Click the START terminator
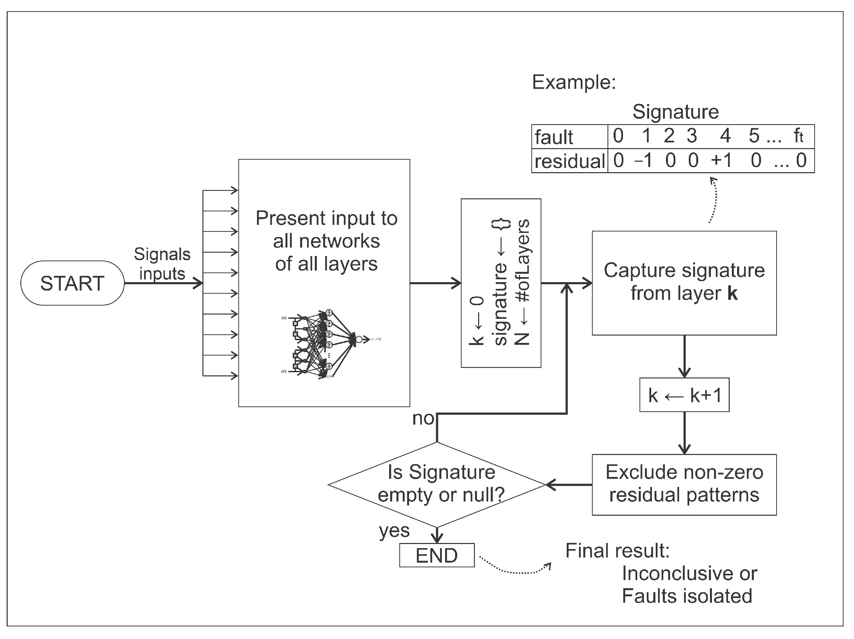[x=72, y=283]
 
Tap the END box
[x=437, y=556]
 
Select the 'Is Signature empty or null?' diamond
[x=437, y=484]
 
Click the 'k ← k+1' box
[x=684, y=395]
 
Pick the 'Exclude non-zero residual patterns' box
[x=684, y=484]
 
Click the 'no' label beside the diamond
[x=423, y=418]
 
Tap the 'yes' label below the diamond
[x=394, y=530]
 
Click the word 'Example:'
[x=574, y=82]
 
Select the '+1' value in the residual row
[x=721, y=160]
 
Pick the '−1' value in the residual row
[x=643, y=160]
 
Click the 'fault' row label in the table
[x=554, y=137]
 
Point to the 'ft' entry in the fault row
[x=799, y=136]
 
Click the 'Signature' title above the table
[x=676, y=112]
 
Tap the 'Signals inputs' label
[x=162, y=264]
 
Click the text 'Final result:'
[x=617, y=551]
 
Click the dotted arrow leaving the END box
[x=513, y=570]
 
